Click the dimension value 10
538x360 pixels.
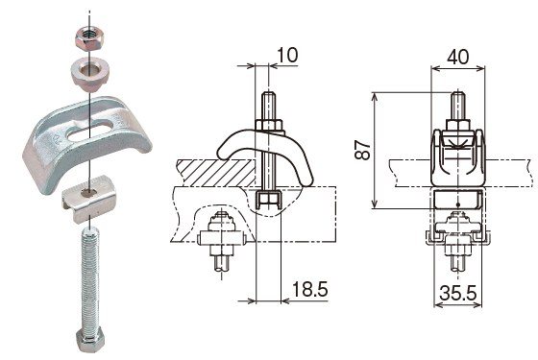click(287, 55)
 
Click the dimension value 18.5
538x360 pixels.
click(309, 289)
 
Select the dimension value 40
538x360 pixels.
click(457, 57)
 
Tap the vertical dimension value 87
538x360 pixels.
click(363, 150)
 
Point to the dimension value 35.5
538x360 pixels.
click(458, 293)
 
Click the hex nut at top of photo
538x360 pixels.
click(90, 39)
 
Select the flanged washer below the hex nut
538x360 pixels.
click(90, 75)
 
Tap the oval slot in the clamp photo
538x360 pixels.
click(89, 130)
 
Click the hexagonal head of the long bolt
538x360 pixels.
click(90, 340)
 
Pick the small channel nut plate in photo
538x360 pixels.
click(88, 199)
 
